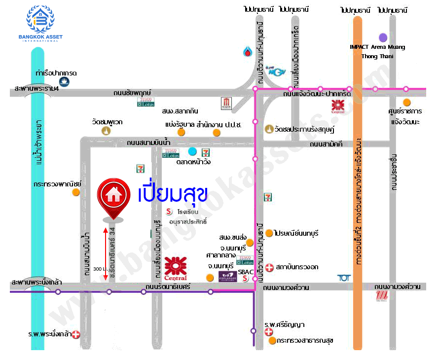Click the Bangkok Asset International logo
(x=40, y=23)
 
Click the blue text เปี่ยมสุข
(x=172, y=194)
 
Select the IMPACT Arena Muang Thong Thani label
(x=377, y=51)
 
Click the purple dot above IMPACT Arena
(x=383, y=37)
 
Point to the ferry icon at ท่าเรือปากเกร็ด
(x=64, y=82)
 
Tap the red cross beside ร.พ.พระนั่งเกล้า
(x=76, y=335)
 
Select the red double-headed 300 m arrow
(x=105, y=254)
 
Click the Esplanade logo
(x=228, y=277)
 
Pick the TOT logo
(x=344, y=278)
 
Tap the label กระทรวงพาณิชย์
(x=57, y=183)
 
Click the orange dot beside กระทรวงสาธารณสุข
(x=272, y=340)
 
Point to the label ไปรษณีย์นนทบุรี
(x=296, y=233)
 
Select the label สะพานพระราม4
(x=36, y=89)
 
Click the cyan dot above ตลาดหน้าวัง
(x=192, y=151)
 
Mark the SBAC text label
(x=245, y=271)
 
